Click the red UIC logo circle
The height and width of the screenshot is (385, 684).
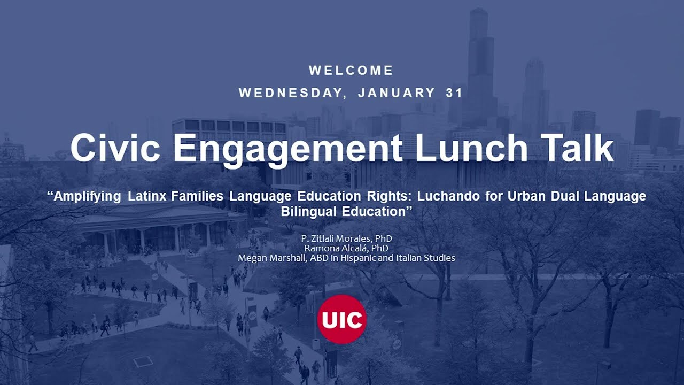pyautogui.click(x=341, y=319)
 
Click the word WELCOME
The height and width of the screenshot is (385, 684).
pyautogui.click(x=351, y=71)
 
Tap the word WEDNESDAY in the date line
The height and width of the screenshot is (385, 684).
pyautogui.click(x=291, y=93)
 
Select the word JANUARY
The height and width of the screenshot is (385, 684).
pyautogui.click(x=397, y=93)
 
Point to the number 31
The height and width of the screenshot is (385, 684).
pyautogui.click(x=454, y=93)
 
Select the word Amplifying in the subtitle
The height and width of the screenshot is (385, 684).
pyautogui.click(x=88, y=196)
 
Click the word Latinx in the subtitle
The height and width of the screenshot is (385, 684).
pyautogui.click(x=147, y=196)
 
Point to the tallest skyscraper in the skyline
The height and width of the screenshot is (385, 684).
pyautogui.click(x=480, y=64)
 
